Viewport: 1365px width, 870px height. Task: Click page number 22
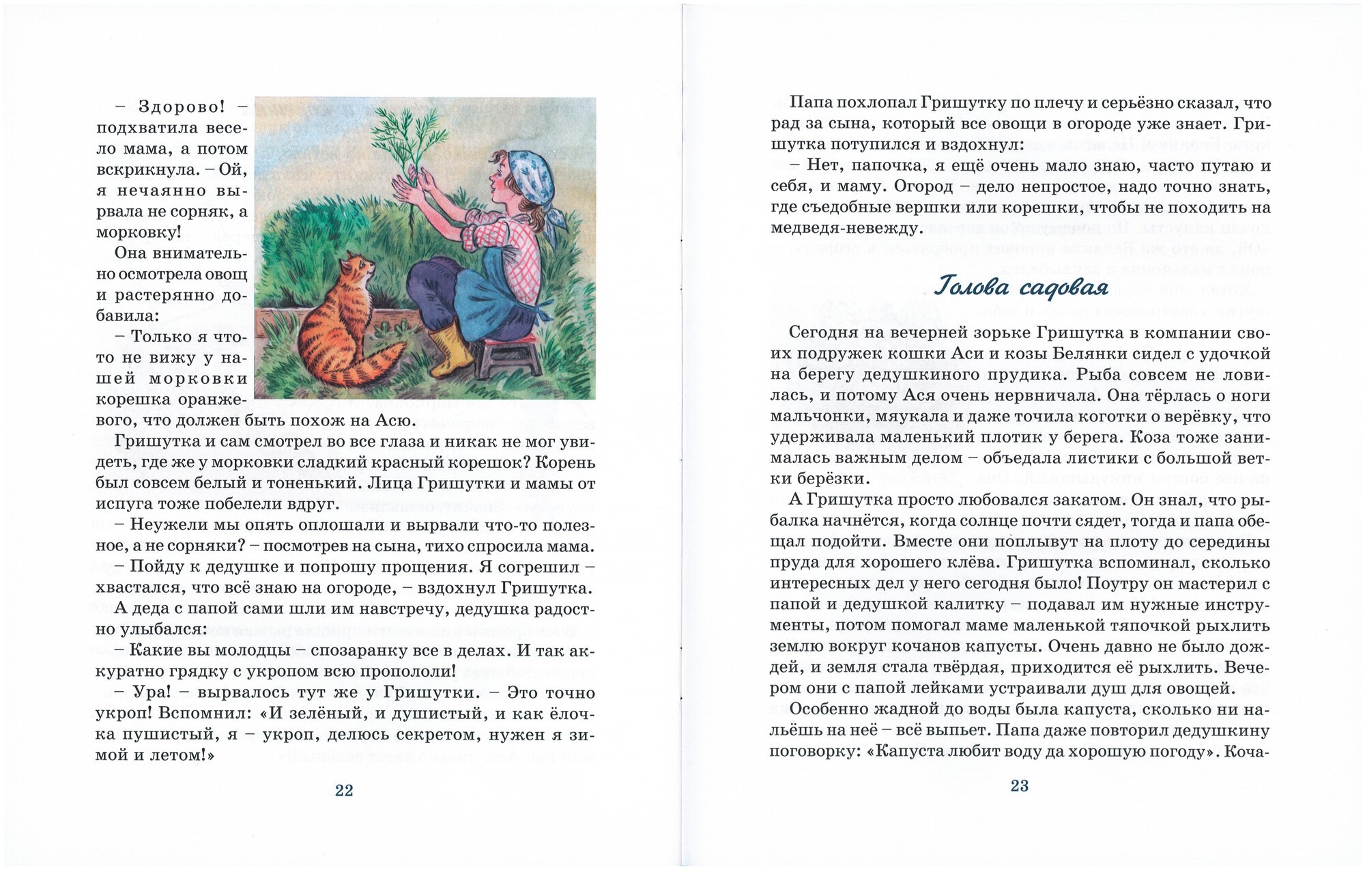tap(344, 790)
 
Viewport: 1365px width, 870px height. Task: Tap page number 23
tap(1019, 786)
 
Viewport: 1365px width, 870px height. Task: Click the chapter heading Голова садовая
tap(1020, 287)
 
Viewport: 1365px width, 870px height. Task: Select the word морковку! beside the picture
tap(139, 232)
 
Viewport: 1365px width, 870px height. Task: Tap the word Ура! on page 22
tap(150, 692)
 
